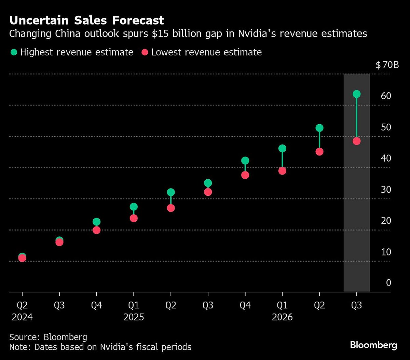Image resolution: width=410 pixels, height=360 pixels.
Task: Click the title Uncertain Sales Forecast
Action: coord(86,20)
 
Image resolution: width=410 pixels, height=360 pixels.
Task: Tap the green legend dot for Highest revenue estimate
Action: coord(14,52)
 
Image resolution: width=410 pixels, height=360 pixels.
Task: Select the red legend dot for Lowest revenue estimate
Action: coord(145,52)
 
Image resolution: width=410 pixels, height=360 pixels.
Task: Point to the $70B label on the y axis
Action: coord(387,65)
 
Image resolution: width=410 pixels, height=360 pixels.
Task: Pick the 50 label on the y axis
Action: coord(386,127)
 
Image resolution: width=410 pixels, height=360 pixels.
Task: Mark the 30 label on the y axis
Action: coord(386,190)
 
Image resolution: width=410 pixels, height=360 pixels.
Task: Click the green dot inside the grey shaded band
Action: coord(356,94)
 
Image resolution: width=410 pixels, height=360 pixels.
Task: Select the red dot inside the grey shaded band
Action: coord(356,141)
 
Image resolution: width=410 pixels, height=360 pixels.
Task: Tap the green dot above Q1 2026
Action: coord(282,148)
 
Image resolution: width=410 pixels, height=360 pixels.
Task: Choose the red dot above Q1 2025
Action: coord(134,218)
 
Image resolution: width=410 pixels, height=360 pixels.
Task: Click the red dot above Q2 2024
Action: coord(22,258)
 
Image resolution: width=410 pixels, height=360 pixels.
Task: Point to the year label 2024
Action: coord(22,317)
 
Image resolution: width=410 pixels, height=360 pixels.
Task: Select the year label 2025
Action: coord(134,317)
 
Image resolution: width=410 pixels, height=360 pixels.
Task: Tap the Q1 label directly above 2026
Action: coord(282,305)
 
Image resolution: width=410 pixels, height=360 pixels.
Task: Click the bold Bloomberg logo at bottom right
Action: coord(373,345)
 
